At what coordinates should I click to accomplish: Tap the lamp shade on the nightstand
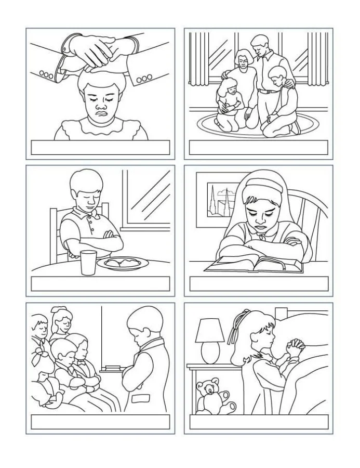click(210, 331)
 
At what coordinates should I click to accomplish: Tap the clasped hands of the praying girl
click(295, 347)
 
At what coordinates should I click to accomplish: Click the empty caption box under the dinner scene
click(100, 283)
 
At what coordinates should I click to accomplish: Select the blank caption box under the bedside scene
click(258, 421)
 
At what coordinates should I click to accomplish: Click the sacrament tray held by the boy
click(113, 369)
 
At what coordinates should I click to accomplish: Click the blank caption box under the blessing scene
click(100, 147)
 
